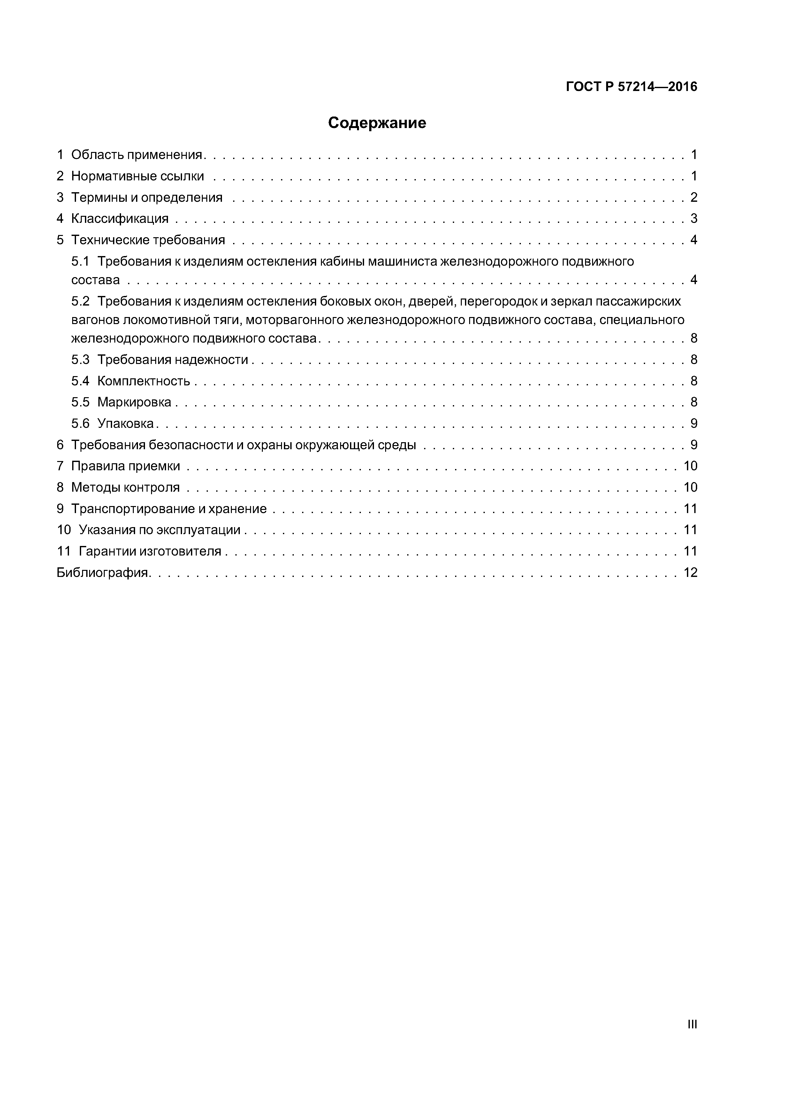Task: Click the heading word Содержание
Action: [377, 123]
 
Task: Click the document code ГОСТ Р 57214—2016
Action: [631, 87]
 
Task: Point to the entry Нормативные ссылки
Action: [138, 176]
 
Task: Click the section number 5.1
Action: [80, 261]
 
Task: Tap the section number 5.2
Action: [80, 301]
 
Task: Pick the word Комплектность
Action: [143, 381]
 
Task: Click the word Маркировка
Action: [134, 402]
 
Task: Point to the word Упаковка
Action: [126, 423]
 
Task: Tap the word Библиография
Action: [103, 573]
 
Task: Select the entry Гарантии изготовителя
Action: [150, 551]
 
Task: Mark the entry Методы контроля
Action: [126, 487]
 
